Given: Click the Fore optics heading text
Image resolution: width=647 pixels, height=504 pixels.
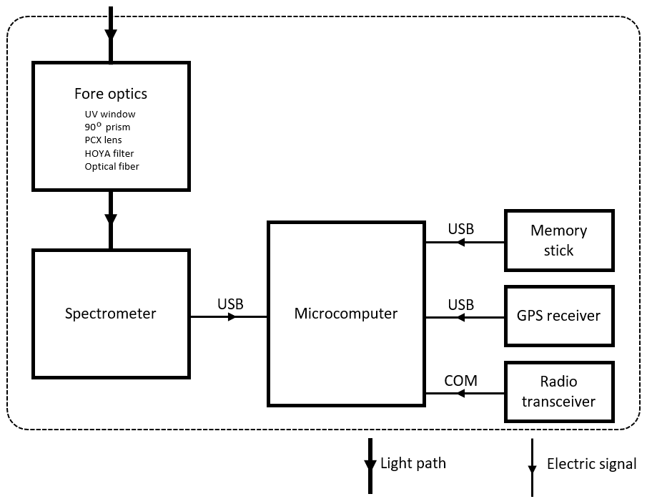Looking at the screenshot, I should [x=111, y=94].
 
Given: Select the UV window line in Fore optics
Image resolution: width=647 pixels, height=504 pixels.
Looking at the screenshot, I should [x=109, y=114].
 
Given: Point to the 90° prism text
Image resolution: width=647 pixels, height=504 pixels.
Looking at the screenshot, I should [x=107, y=127].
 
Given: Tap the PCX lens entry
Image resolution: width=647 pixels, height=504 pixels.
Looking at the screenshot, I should [x=103, y=140].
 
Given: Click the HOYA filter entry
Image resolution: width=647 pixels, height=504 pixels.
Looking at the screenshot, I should [x=109, y=153].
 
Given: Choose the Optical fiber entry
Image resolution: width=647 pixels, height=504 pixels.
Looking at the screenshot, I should [x=112, y=166].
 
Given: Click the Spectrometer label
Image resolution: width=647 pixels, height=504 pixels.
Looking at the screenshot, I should [x=110, y=313].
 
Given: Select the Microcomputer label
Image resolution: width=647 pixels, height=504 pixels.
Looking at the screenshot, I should [x=346, y=313].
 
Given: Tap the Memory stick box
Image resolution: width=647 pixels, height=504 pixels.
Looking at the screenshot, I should [x=558, y=241].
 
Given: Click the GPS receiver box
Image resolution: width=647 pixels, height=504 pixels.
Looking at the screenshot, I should [x=558, y=315].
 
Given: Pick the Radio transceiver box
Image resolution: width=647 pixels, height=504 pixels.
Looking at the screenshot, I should [x=558, y=391].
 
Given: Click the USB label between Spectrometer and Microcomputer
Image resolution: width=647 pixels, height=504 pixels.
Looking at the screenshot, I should [x=230, y=304].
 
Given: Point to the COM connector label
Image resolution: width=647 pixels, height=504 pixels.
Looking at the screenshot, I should [x=460, y=381].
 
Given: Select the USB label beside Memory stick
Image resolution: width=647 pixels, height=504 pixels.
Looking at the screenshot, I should [x=460, y=230].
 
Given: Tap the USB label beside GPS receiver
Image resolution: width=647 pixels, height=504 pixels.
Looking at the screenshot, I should [x=460, y=305].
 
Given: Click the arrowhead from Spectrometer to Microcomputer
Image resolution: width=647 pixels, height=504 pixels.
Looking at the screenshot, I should [x=232, y=316].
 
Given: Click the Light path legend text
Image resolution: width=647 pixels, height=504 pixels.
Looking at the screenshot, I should [x=413, y=463].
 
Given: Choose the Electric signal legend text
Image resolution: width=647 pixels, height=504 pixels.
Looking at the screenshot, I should [x=591, y=464].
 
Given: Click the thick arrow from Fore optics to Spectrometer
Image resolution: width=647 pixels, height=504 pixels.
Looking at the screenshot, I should [x=111, y=219].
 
